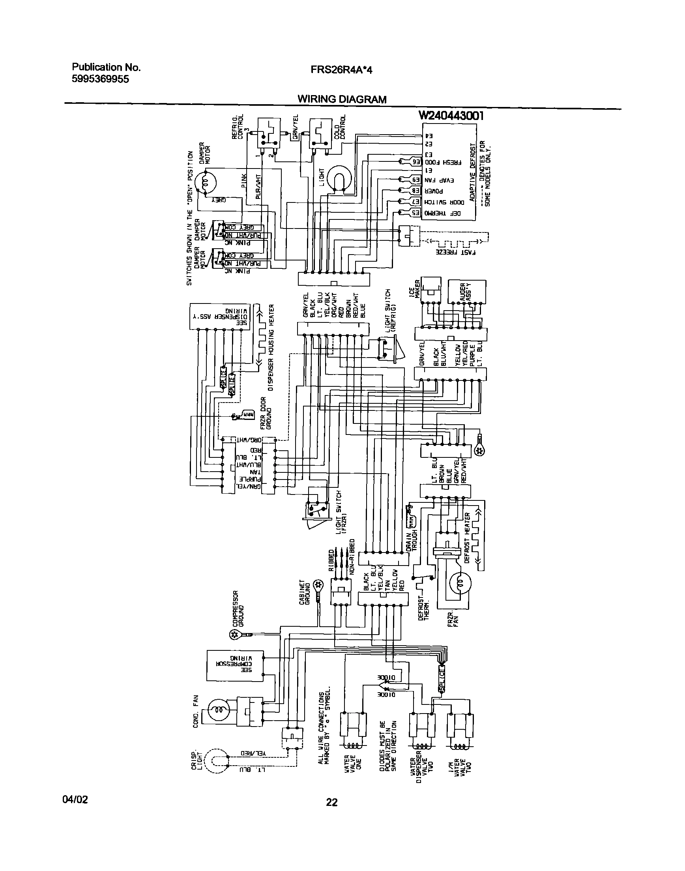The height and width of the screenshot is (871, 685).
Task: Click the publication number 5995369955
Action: tap(100, 79)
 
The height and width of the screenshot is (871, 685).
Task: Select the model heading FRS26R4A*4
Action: tap(341, 70)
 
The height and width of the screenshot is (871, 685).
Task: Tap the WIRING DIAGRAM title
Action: tap(342, 99)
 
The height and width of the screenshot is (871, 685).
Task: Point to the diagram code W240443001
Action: tap(451, 116)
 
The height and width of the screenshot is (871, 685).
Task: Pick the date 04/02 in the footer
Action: tap(75, 800)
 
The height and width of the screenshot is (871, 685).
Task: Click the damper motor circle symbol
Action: tap(206, 183)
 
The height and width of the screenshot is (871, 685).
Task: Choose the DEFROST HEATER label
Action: tap(467, 538)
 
